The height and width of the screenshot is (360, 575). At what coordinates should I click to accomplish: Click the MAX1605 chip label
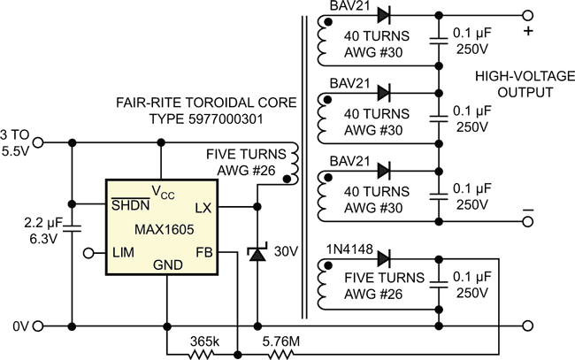coord(164,229)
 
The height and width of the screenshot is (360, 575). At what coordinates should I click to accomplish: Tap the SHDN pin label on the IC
coord(131,204)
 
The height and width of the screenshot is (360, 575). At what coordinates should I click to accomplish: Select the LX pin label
coord(203,208)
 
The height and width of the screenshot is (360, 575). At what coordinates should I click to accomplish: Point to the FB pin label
coord(203,252)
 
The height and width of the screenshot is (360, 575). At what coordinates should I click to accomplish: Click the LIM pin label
coord(123,252)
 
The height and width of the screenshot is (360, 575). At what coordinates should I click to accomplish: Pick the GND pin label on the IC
coord(168,264)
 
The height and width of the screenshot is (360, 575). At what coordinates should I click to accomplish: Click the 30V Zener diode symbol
coord(257,253)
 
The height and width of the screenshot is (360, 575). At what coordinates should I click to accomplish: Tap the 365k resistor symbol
coord(201,355)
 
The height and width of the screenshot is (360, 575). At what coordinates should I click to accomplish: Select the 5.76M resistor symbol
coord(281,355)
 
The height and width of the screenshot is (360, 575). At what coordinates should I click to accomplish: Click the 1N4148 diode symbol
coord(384,259)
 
